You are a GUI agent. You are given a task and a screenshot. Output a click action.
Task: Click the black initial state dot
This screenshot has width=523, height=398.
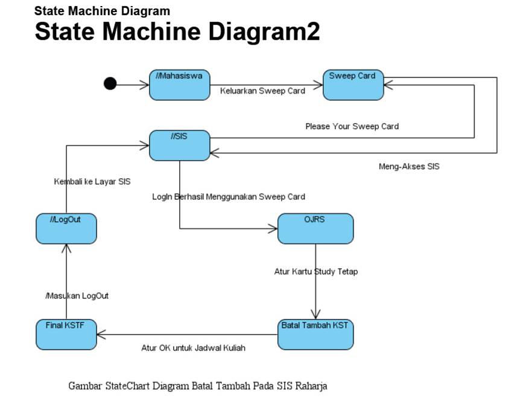110,83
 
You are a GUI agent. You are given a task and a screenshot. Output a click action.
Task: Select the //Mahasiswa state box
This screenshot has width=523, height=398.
179,85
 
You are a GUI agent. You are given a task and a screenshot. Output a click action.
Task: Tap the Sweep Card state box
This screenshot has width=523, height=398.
353,85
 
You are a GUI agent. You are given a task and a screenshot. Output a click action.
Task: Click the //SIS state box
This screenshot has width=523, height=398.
179,146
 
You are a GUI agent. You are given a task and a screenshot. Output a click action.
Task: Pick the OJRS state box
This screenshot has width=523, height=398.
315,228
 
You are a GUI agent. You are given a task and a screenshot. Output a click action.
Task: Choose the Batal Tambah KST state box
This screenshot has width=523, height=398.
315,334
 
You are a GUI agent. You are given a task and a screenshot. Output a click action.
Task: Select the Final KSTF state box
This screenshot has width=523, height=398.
66,334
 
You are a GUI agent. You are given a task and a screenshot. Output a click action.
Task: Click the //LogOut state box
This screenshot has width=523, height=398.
66,228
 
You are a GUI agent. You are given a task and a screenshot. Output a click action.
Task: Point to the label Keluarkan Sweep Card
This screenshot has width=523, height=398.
262,91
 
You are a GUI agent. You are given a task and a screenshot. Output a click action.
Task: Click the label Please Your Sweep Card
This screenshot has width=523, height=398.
352,126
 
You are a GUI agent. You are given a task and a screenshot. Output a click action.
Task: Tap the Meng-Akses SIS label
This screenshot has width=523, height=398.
408,167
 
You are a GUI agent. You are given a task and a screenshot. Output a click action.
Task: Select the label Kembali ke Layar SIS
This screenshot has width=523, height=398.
92,181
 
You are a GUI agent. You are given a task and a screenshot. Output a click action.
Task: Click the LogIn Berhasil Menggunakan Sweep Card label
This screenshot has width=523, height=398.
228,196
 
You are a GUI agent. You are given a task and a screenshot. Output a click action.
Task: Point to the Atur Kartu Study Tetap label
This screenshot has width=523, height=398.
316,272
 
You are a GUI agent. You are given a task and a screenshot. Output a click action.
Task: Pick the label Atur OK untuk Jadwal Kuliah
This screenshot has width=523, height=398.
193,348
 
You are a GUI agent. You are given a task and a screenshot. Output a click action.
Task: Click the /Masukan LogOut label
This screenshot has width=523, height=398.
77,296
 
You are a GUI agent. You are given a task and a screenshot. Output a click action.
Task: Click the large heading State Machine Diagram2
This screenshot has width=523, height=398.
177,31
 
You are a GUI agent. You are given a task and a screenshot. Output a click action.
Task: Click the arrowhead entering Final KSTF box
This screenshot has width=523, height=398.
101,334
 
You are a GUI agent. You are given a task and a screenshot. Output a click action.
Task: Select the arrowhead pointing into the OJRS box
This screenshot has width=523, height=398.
273,228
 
